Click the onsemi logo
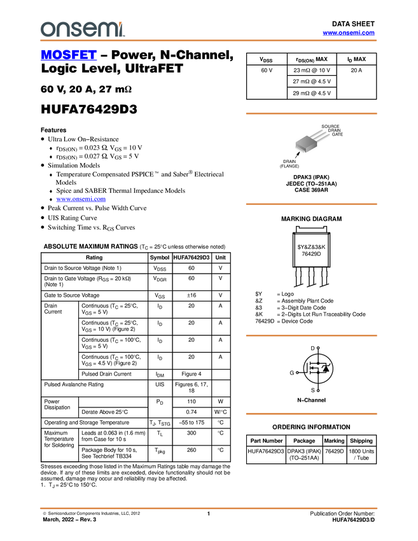coord(82,29)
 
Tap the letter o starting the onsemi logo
coord(46,29)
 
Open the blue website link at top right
coord(349,33)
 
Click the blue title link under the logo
coord(69,55)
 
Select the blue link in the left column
coord(81,199)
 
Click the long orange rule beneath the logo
coord(209,41)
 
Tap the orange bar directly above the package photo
coord(311,114)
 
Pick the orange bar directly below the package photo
coord(311,204)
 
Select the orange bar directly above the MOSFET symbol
coord(311,335)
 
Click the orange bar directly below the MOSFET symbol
coord(311,414)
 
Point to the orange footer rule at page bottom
coord(209,509)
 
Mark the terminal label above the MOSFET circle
coord(317,348)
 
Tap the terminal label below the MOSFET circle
coord(317,390)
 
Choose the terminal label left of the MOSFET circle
coord(296,373)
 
